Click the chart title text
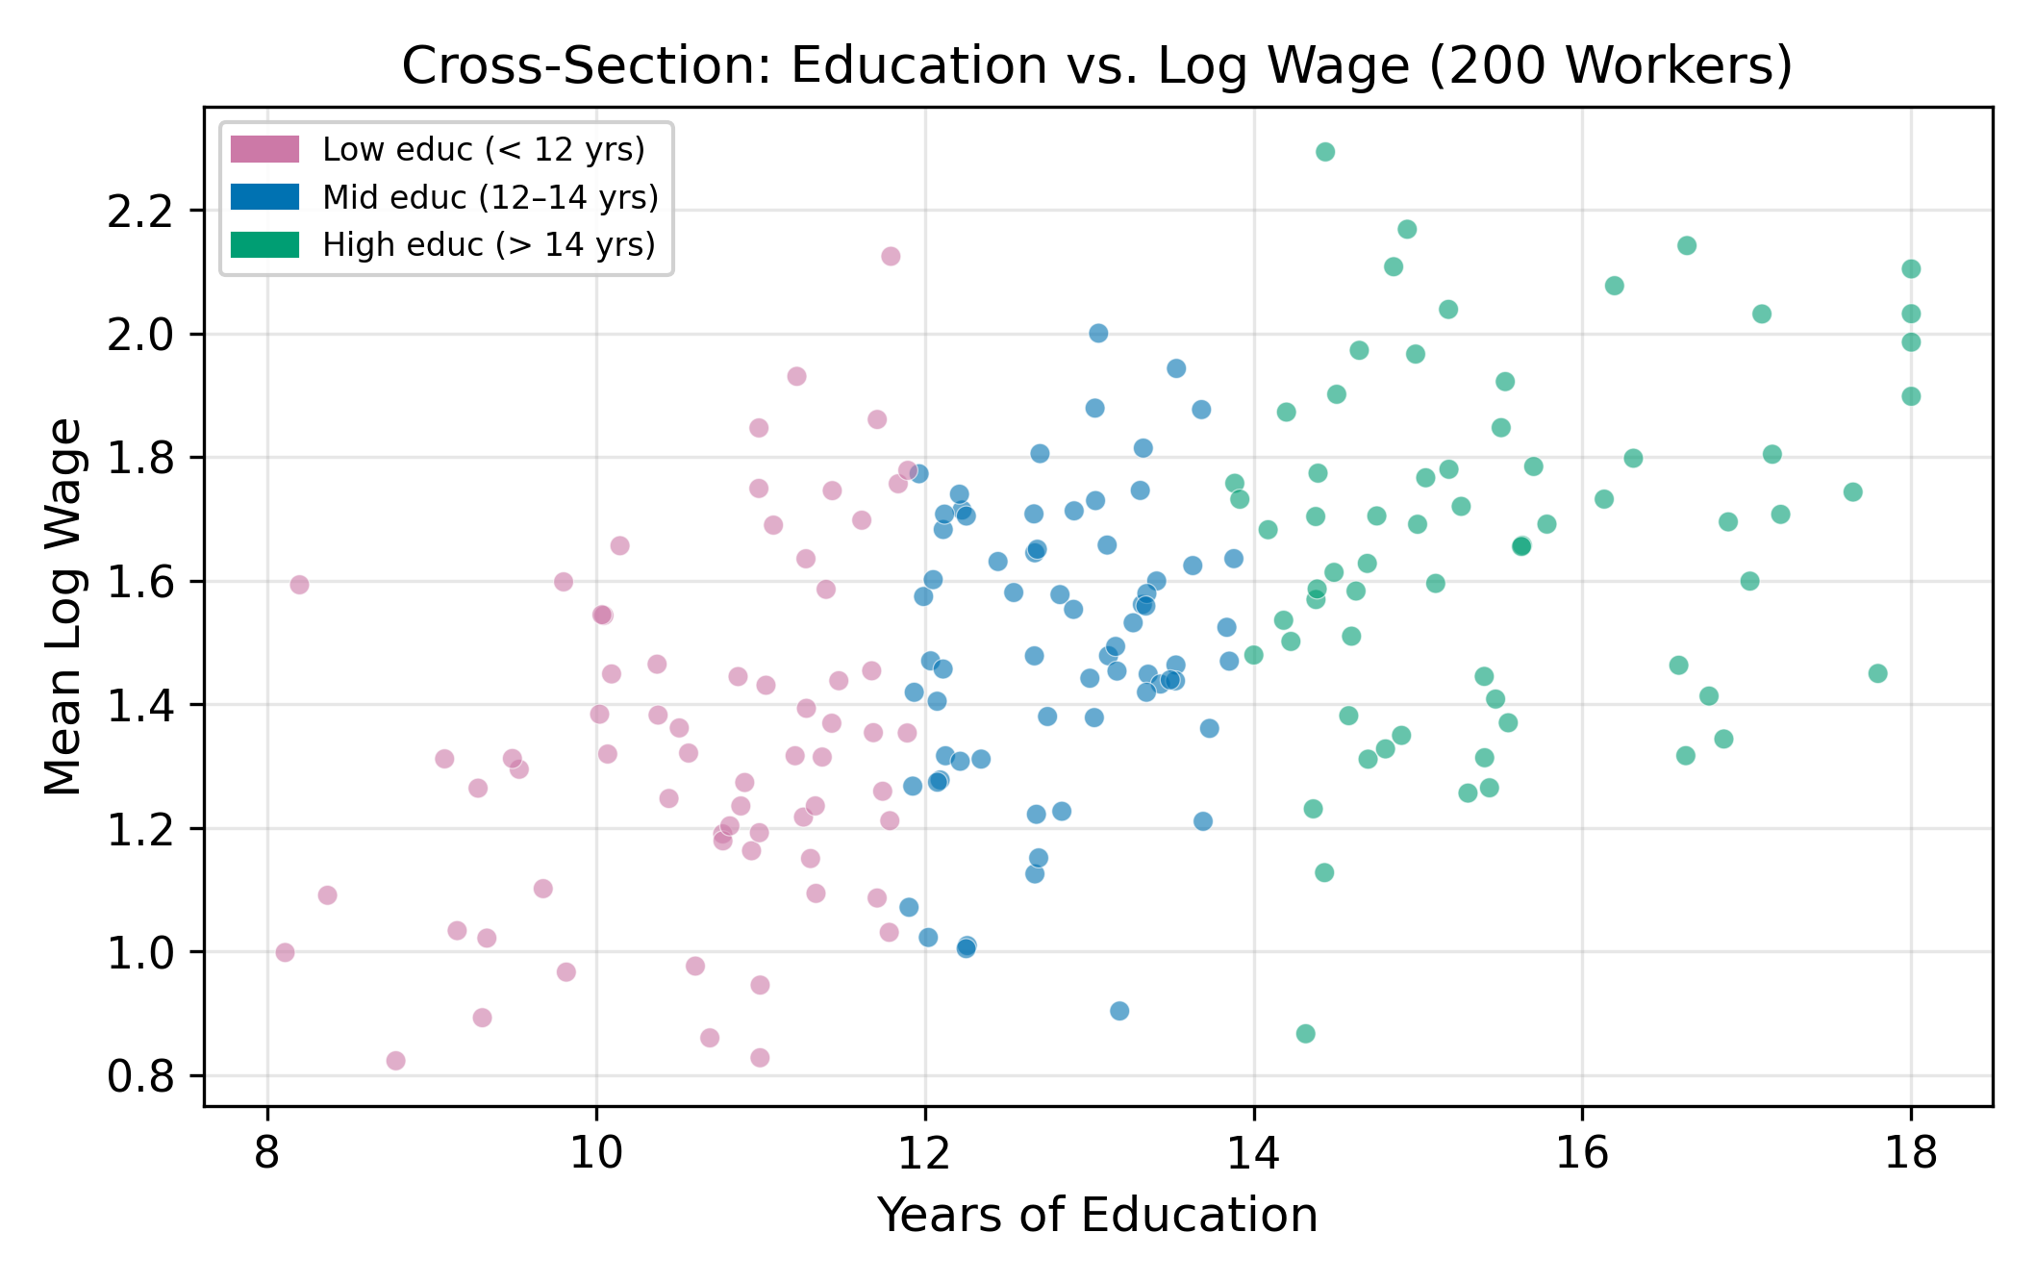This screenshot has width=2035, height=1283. click(x=1097, y=66)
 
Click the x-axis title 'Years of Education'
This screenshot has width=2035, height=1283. click(x=1097, y=1215)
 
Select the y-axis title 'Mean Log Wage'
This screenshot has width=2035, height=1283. click(x=64, y=607)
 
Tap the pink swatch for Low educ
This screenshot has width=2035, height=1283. click(x=264, y=149)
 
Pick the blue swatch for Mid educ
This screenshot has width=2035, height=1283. click(x=264, y=197)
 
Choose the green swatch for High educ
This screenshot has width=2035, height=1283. click(x=264, y=244)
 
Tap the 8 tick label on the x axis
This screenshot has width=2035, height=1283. click(x=267, y=1152)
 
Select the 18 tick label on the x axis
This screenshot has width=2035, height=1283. click(x=1910, y=1152)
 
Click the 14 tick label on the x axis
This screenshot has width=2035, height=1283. click(x=1253, y=1152)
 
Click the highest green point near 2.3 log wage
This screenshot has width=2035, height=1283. click(x=1325, y=152)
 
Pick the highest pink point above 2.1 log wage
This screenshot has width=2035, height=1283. click(x=891, y=256)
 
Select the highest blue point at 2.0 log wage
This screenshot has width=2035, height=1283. click(x=1098, y=333)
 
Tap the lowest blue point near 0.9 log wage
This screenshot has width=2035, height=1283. click(x=1119, y=1011)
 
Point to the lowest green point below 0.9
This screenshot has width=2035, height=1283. click(x=1305, y=1034)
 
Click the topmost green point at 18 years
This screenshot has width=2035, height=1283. click(x=1911, y=268)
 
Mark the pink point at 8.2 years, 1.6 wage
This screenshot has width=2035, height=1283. click(x=299, y=585)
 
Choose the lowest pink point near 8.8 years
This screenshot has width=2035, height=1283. click(x=395, y=1061)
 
